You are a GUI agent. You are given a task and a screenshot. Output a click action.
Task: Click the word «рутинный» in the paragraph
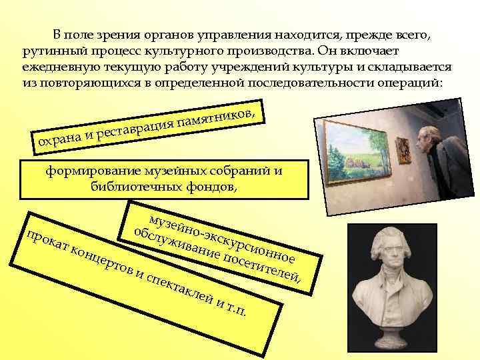click(49, 52)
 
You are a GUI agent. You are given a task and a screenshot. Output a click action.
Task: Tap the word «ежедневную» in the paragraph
click(56, 68)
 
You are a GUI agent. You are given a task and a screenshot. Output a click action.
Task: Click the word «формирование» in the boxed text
click(86, 171)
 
